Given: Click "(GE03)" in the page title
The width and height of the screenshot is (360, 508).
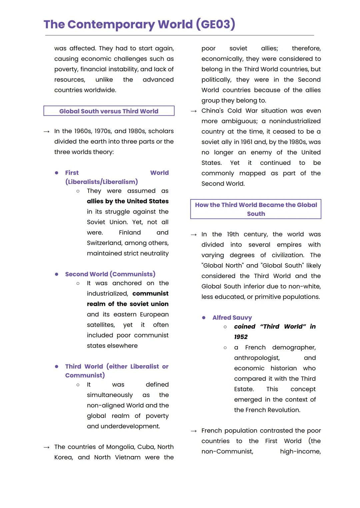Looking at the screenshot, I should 215,24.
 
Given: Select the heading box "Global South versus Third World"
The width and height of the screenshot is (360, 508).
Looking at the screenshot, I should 109,111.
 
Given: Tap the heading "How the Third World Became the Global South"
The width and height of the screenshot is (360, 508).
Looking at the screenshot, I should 256,209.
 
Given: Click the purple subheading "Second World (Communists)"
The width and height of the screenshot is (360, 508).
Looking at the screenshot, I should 110,274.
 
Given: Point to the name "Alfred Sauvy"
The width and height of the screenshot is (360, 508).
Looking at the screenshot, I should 232,318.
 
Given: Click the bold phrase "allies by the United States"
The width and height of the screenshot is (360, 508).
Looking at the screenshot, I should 128,201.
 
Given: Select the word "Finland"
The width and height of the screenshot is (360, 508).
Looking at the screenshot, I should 130,233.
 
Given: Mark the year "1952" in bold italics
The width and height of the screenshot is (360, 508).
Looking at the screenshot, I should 241,337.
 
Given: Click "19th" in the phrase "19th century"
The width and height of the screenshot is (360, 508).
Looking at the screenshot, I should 233,234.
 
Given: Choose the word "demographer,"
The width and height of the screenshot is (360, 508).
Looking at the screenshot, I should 294,347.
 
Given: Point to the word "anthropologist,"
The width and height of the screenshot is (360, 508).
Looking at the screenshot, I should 257,358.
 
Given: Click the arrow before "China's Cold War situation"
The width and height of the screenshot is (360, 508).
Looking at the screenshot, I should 194,111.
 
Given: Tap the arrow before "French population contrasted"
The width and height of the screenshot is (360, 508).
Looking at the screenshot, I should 194,431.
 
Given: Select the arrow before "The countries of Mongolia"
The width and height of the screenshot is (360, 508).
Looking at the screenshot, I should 47,447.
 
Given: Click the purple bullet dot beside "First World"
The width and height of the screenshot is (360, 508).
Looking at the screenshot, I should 57,173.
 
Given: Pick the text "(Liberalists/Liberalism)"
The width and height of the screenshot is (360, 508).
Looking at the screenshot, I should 101,182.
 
